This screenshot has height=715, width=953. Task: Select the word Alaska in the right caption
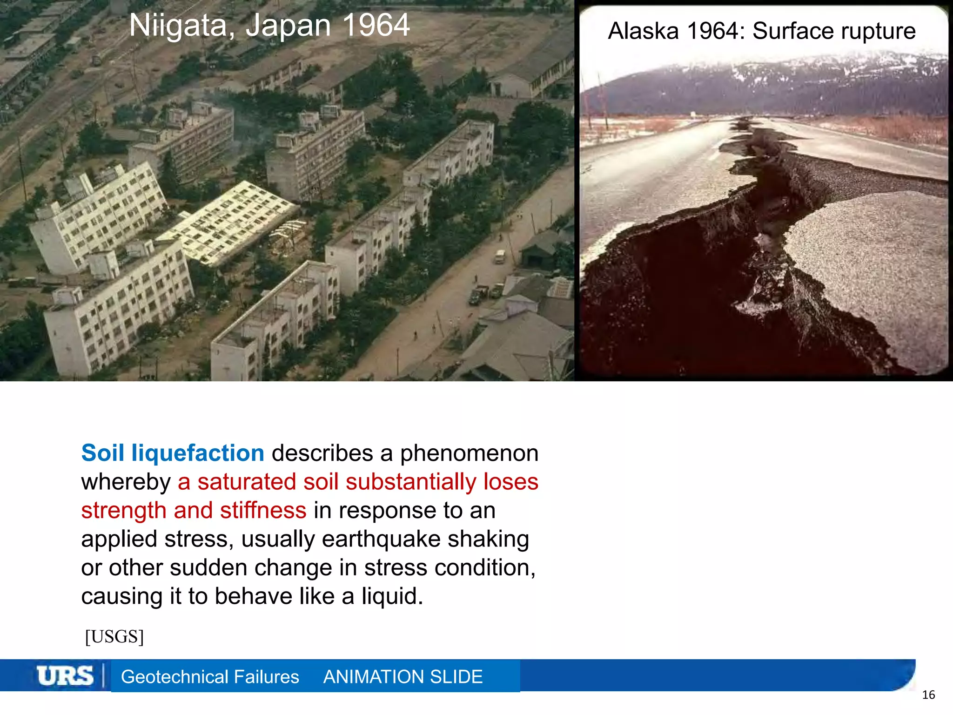point(644,31)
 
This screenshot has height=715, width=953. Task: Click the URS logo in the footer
point(65,676)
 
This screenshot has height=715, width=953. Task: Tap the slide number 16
point(928,695)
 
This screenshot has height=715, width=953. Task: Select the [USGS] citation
point(114,636)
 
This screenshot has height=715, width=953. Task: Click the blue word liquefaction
point(198,453)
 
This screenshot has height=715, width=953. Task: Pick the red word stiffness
point(263,510)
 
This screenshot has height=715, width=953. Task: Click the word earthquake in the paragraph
point(381,539)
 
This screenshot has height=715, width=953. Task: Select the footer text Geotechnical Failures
point(210,677)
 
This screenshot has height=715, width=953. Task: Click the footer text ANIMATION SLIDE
point(403,677)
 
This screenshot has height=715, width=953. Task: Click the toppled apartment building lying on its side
point(228,223)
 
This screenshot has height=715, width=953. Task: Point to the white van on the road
point(500,256)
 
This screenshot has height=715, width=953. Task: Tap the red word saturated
point(247,482)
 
